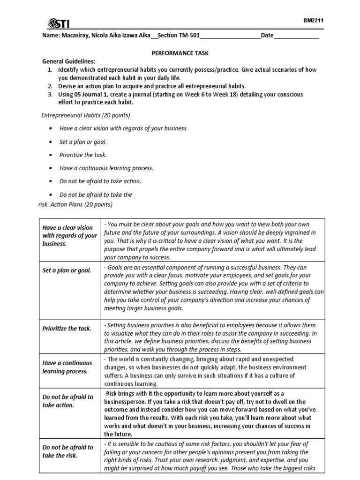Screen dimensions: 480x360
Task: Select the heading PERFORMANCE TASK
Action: pos(180,54)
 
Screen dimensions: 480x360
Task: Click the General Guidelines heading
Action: pos(68,61)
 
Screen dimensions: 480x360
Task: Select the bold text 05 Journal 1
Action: pos(91,94)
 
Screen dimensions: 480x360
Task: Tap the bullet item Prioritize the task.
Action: pos(83,155)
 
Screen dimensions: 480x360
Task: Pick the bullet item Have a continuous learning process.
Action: pos(106,168)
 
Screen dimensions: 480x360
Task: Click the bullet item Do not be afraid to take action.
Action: pos(100,181)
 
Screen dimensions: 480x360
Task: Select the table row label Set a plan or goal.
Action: pos(67,270)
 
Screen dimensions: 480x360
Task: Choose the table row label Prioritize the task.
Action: pos(67,329)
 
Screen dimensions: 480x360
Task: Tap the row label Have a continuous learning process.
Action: pos(65,367)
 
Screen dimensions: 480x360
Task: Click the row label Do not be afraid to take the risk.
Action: pos(67,451)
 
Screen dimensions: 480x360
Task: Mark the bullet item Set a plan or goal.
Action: pos(83,142)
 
